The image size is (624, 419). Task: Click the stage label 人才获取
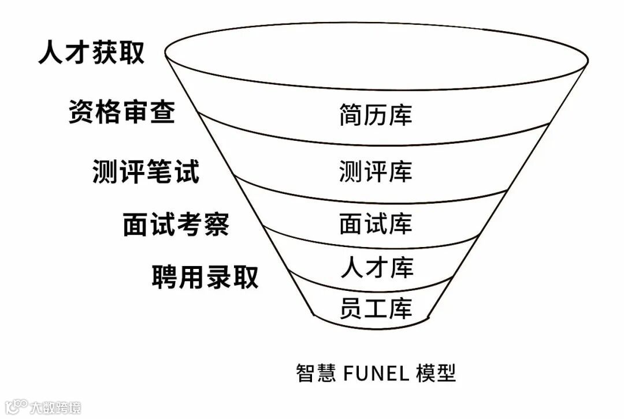(91, 53)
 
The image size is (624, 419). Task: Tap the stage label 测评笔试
(146, 171)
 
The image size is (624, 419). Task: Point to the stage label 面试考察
(176, 224)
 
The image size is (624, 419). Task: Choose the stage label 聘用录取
(205, 276)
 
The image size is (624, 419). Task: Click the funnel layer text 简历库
(376, 114)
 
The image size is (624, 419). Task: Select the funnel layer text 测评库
(376, 171)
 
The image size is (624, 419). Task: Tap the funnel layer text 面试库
(376, 224)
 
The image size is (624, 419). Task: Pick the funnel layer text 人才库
(377, 267)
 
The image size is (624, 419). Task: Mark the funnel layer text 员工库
(376, 308)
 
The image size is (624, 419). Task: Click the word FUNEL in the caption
(376, 372)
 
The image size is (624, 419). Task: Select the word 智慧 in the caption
(315, 372)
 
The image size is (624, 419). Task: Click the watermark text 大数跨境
(55, 407)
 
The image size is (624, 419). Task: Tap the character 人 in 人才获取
(51, 53)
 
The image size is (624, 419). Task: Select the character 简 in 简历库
(351, 114)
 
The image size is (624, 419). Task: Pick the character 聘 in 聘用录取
(165, 276)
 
